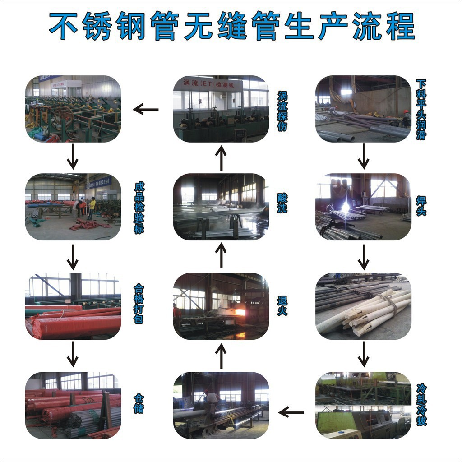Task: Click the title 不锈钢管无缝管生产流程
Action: (231, 26)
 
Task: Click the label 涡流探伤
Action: (282, 111)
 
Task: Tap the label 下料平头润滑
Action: (420, 110)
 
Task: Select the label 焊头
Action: (420, 206)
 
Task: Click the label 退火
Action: (282, 305)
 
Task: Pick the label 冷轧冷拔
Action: (421, 405)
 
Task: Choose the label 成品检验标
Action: (139, 208)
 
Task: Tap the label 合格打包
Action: (139, 305)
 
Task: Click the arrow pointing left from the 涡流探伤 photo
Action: (146, 109)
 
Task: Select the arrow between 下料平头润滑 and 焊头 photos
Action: (364, 157)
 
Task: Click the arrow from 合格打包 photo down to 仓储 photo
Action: (73, 354)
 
